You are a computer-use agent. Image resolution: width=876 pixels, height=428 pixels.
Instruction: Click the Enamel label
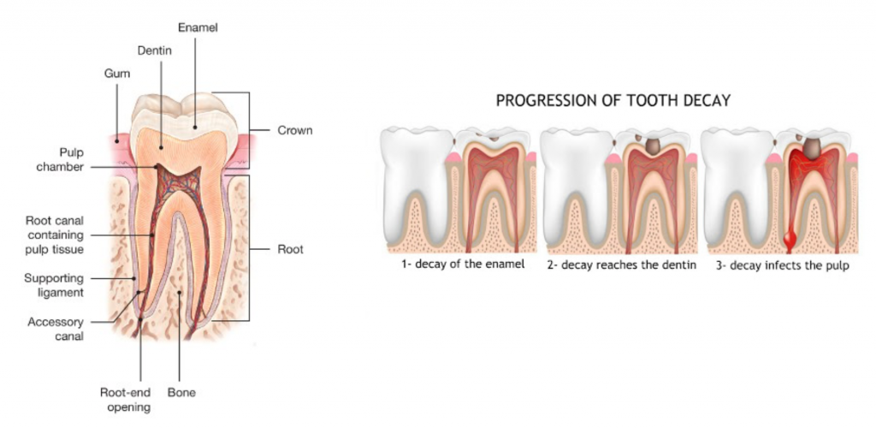point(198,27)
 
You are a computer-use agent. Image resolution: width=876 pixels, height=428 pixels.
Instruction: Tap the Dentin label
point(154,51)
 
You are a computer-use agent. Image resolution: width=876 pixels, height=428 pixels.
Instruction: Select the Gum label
point(117,74)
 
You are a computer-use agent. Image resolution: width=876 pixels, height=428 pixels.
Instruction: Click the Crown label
point(295,131)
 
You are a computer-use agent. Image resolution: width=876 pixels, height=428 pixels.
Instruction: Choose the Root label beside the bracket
point(291,249)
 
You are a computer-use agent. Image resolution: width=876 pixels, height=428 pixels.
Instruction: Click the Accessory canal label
point(56,329)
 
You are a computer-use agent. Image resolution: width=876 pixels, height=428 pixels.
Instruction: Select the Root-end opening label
point(126,400)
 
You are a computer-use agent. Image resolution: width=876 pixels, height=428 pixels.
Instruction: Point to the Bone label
point(182,393)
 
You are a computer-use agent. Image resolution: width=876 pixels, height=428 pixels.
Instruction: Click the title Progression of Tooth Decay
point(613,100)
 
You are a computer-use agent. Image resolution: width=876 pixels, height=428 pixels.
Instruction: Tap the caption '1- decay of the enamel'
point(463,265)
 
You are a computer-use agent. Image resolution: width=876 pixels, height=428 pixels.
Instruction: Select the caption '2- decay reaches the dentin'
point(621,265)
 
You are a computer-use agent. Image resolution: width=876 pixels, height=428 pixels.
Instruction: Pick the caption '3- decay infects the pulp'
point(783,265)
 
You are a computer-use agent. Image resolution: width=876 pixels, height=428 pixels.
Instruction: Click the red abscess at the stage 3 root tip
point(790,241)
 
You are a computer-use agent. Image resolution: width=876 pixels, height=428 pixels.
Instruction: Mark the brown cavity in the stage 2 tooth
point(651,146)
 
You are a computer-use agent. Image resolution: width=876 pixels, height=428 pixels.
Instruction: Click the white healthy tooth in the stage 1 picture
point(417,178)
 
